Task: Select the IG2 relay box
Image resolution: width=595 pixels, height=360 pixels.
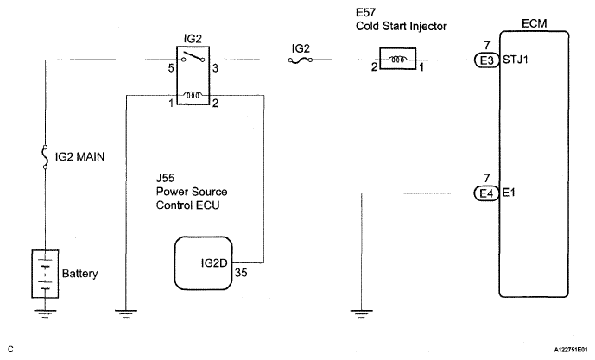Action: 196,79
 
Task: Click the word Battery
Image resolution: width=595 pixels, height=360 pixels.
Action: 80,274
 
